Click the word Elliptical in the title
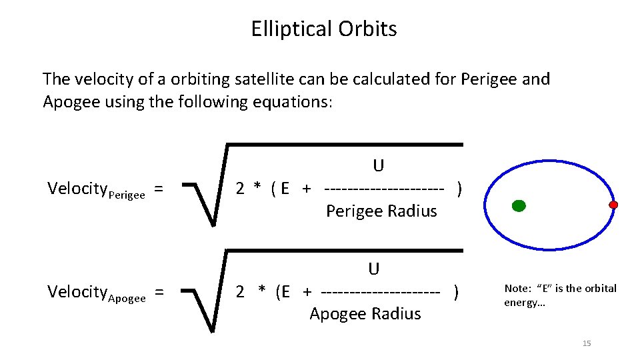pos(293,29)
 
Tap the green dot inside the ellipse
pos(518,206)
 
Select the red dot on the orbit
pos(613,205)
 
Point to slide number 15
pos(587,343)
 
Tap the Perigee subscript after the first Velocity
pos(126,195)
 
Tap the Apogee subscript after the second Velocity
pos(126,298)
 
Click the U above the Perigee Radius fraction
pos(379,165)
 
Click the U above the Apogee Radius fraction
pos(374,269)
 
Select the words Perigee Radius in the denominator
pos(381,211)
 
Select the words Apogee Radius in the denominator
pos(365,314)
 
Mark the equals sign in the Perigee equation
pos(159,189)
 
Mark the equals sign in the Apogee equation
pos(159,292)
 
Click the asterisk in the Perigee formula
pos(257,190)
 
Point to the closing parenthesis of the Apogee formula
pos(456,292)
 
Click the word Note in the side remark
pos(517,289)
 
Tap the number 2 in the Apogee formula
pos(241,292)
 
